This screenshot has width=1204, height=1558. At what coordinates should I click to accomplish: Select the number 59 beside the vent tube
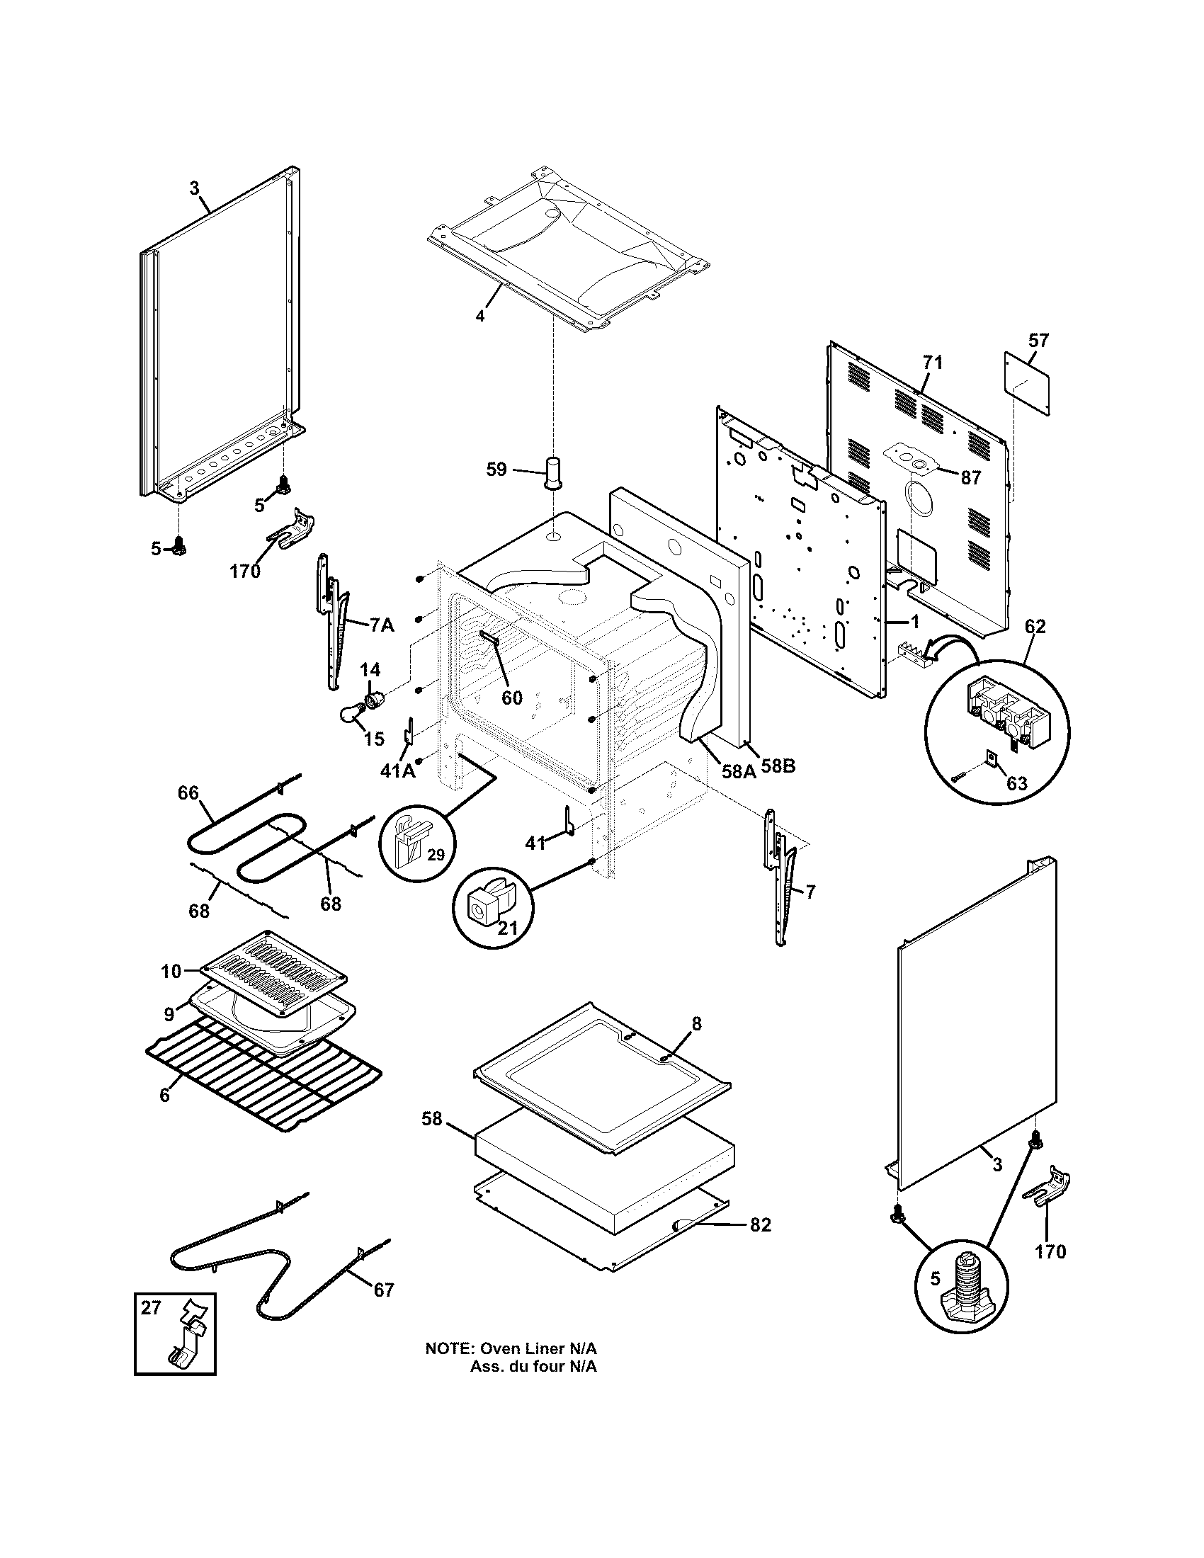tap(496, 470)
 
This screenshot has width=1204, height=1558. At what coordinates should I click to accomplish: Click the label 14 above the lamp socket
tap(370, 670)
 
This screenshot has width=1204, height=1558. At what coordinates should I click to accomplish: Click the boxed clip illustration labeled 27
tap(176, 1334)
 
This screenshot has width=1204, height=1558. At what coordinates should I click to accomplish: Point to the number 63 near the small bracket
tap(1016, 783)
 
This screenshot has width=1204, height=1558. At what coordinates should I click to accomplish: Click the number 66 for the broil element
tap(188, 793)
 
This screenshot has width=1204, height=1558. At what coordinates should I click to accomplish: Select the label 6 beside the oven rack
tap(165, 1095)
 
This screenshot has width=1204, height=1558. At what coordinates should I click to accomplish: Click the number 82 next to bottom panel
tap(761, 1225)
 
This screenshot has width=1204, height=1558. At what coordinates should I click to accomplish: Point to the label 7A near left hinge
tap(382, 625)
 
